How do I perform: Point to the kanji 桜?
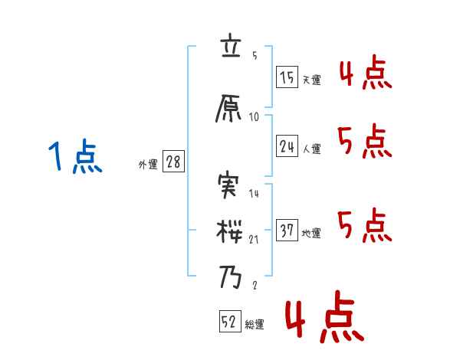(x=231, y=229)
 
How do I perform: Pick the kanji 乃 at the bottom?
(x=231, y=277)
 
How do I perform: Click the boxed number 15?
(x=287, y=77)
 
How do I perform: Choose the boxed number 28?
(x=172, y=162)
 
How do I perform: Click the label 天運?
(x=311, y=80)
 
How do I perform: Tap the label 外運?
(x=148, y=165)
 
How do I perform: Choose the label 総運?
(x=255, y=325)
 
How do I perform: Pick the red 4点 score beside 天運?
(x=365, y=74)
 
